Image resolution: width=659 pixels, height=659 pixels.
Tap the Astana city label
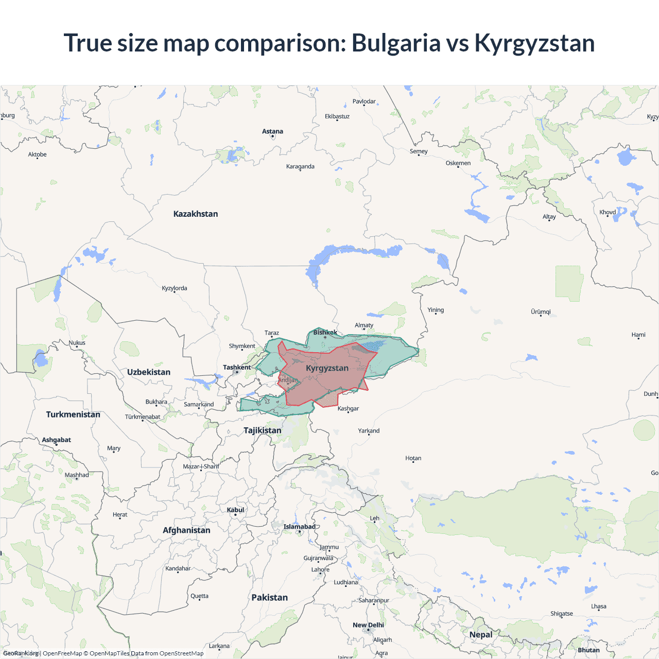pos(272,131)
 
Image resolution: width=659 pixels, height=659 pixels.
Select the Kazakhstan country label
pos(196,214)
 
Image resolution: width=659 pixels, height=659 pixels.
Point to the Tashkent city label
pos(237,367)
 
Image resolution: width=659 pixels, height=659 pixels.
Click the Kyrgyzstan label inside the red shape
pos(327,368)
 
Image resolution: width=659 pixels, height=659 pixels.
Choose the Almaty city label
pos(364,325)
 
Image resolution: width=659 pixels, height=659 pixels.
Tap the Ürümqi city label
pos(541,311)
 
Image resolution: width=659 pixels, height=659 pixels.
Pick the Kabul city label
pos(235,510)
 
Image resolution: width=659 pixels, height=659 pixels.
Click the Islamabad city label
pos(299,527)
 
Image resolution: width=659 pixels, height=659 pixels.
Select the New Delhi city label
pos(368,625)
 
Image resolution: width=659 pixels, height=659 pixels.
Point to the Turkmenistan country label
pos(73,414)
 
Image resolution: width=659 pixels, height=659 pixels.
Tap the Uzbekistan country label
pos(149,372)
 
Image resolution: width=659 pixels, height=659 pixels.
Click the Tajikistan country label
pos(263,430)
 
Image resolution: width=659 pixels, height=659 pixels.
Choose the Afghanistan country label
pos(186,530)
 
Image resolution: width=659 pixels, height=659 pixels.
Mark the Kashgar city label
pos(348,408)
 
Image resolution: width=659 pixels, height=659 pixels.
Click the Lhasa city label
pos(598,606)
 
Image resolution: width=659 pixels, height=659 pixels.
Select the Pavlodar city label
pos(364,101)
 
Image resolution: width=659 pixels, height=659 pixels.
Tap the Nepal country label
pos(481,634)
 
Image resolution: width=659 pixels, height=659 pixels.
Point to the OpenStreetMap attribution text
pos(181,653)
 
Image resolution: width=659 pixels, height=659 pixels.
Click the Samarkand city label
pos(199,404)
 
